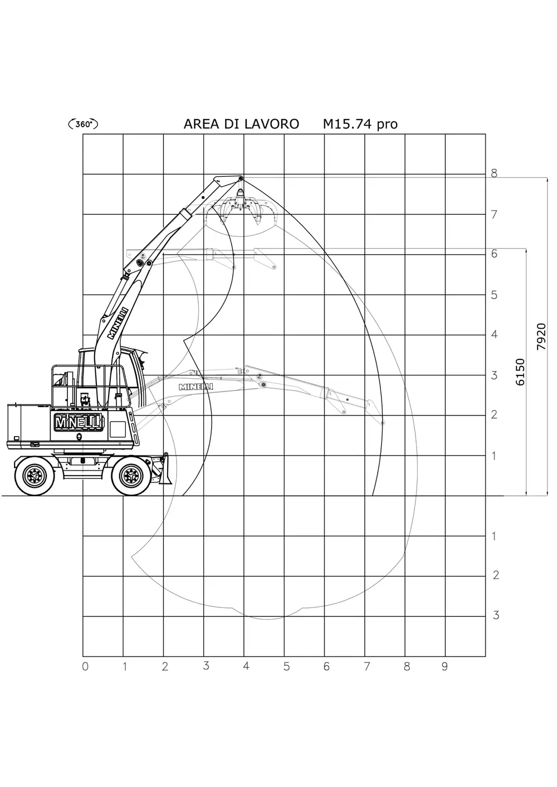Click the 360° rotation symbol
(82, 124)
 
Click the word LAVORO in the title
(271, 124)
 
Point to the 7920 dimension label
(541, 336)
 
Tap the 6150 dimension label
(520, 372)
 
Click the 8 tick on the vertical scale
(495, 173)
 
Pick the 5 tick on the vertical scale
(495, 295)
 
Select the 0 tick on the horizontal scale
(85, 666)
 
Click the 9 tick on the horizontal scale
(444, 666)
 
